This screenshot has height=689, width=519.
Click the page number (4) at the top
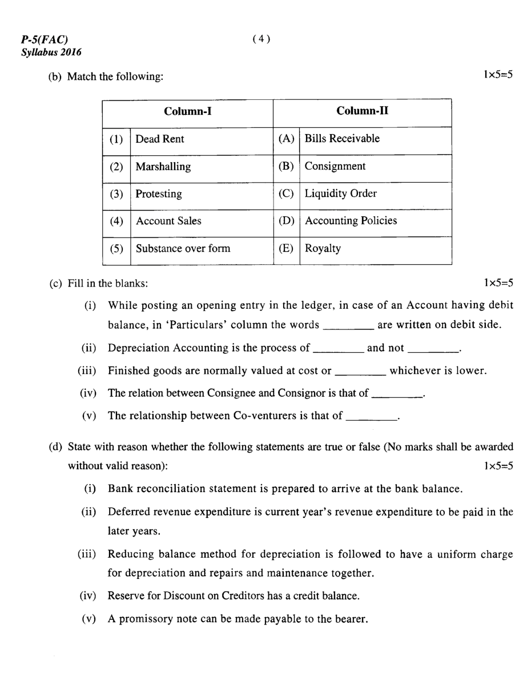[260, 39]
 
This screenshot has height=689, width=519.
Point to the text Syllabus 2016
[51, 52]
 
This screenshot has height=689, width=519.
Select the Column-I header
[188, 111]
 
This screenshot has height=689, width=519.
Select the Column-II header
[362, 111]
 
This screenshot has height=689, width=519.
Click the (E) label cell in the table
[286, 249]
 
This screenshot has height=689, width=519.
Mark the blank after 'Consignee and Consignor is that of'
[397, 394]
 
